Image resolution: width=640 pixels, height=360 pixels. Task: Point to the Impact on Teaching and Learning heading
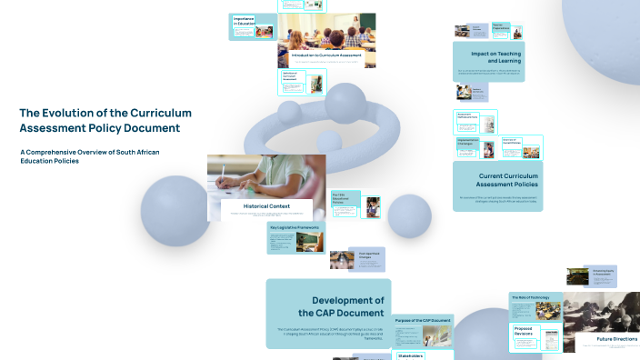pos(489,57)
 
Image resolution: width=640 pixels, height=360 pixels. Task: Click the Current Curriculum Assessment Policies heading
pos(497,180)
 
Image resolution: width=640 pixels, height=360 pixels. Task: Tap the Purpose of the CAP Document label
pos(423,321)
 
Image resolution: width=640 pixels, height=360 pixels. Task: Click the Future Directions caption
pos(616,339)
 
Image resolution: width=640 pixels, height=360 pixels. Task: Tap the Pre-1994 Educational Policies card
pos(345,201)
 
